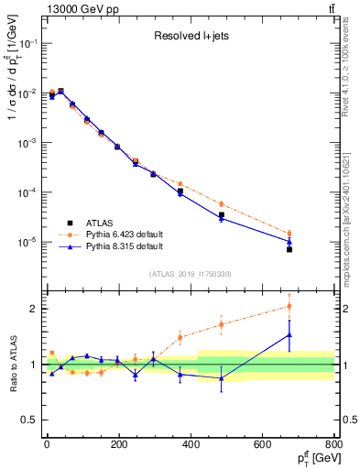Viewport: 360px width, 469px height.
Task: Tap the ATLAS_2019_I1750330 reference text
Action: click(190, 274)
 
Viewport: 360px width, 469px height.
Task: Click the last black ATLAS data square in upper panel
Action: click(289, 249)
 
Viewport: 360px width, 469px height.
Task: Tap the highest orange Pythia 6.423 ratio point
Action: click(289, 306)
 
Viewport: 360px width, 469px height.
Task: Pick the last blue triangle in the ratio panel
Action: click(289, 335)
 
